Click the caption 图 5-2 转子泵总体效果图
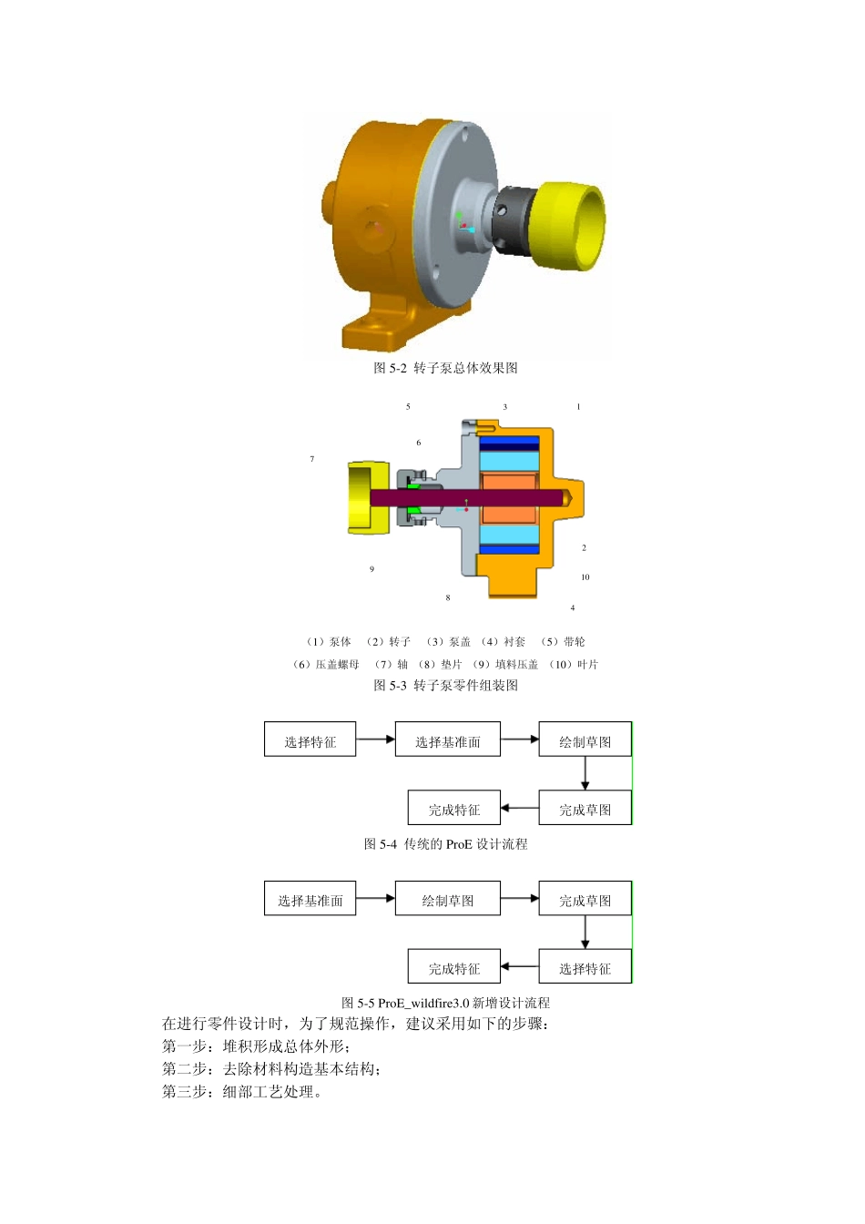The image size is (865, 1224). point(445,368)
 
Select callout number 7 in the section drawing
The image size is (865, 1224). point(312,459)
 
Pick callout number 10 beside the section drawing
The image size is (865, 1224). point(585,576)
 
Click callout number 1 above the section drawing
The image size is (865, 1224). point(578,407)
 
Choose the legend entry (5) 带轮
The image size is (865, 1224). point(563,642)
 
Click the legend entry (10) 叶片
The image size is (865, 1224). point(574,665)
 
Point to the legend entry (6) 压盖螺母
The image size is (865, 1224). point(326,665)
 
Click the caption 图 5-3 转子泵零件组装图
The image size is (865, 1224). point(445,686)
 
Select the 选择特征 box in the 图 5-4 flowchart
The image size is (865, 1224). point(310,739)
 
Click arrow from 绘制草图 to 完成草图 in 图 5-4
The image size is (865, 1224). point(585,773)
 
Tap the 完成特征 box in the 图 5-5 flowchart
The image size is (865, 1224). point(453,966)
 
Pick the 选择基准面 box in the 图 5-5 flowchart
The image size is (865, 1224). point(310,898)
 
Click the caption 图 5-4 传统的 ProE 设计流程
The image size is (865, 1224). point(445,844)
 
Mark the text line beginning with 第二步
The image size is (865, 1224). point(271,1069)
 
